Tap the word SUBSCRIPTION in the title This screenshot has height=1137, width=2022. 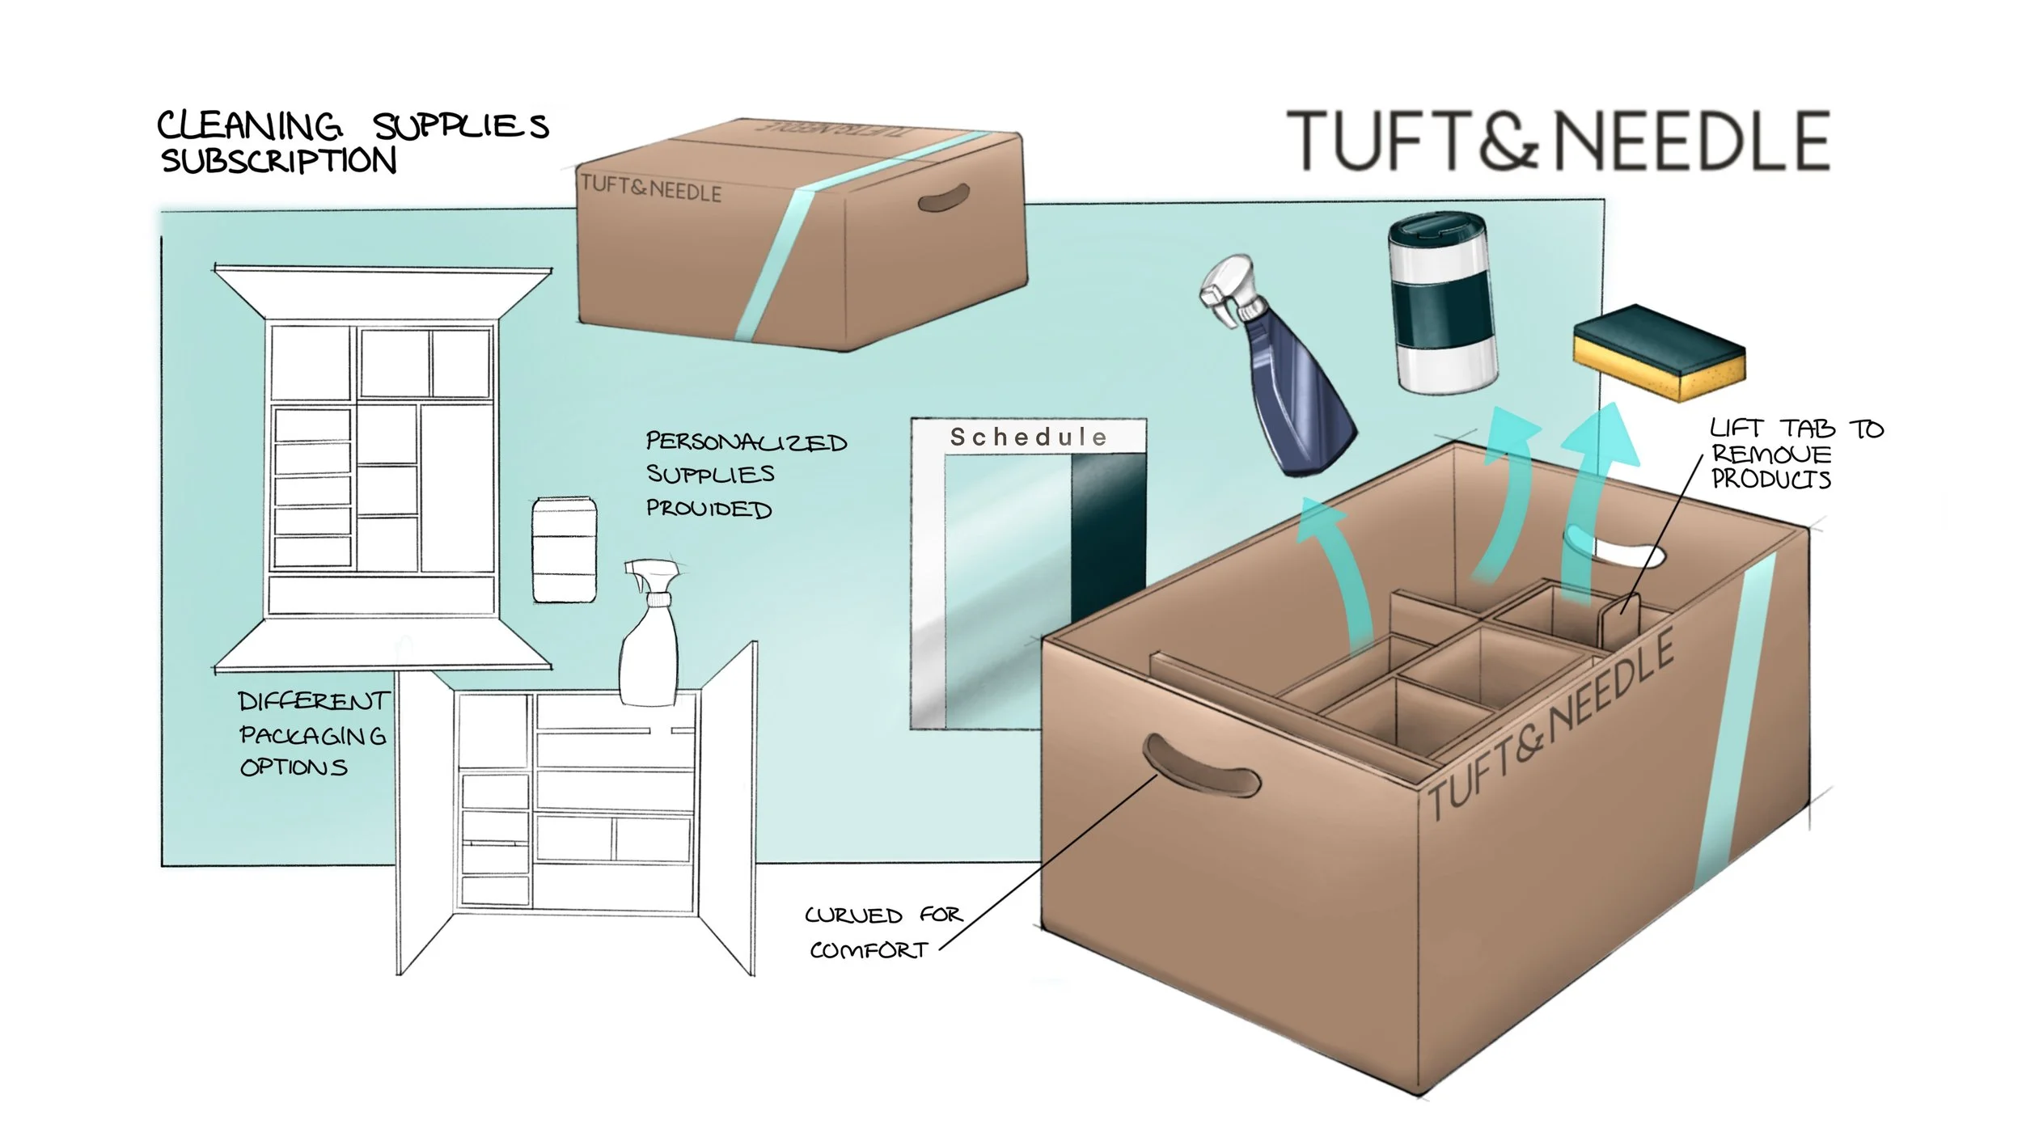[279, 161]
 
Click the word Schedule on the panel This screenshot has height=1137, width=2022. [1028, 437]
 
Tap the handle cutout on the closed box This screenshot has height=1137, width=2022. [944, 197]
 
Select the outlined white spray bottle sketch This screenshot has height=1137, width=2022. [649, 639]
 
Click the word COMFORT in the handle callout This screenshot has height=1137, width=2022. [869, 949]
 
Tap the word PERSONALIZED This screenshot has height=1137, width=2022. [746, 442]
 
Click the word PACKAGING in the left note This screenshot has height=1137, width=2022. [312, 735]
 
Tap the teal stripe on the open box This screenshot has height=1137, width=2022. [1735, 720]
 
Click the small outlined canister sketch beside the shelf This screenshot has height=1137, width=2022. [564, 550]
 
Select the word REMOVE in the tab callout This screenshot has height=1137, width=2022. [1770, 454]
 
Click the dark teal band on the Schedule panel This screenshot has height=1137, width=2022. [1108, 534]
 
